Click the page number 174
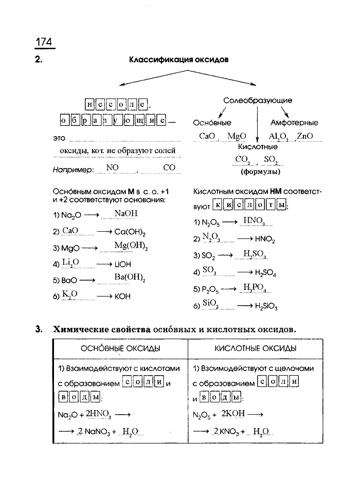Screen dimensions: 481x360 [x=44, y=42]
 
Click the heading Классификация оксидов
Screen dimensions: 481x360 [x=178, y=60]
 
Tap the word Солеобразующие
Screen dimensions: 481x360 [x=258, y=100]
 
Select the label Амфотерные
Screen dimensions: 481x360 [x=294, y=123]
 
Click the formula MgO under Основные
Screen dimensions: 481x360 [x=237, y=136]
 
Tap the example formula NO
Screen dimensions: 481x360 [x=112, y=168]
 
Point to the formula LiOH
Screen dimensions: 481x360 [x=123, y=264]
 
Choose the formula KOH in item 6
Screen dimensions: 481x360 [x=122, y=297]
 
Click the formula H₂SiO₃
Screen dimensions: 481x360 [x=266, y=307]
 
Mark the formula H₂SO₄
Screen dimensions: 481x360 [x=265, y=273]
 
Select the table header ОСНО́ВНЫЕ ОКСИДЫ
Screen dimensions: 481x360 [x=120, y=348]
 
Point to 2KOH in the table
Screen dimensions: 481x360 [x=234, y=413]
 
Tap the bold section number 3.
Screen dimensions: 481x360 [x=39, y=329]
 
